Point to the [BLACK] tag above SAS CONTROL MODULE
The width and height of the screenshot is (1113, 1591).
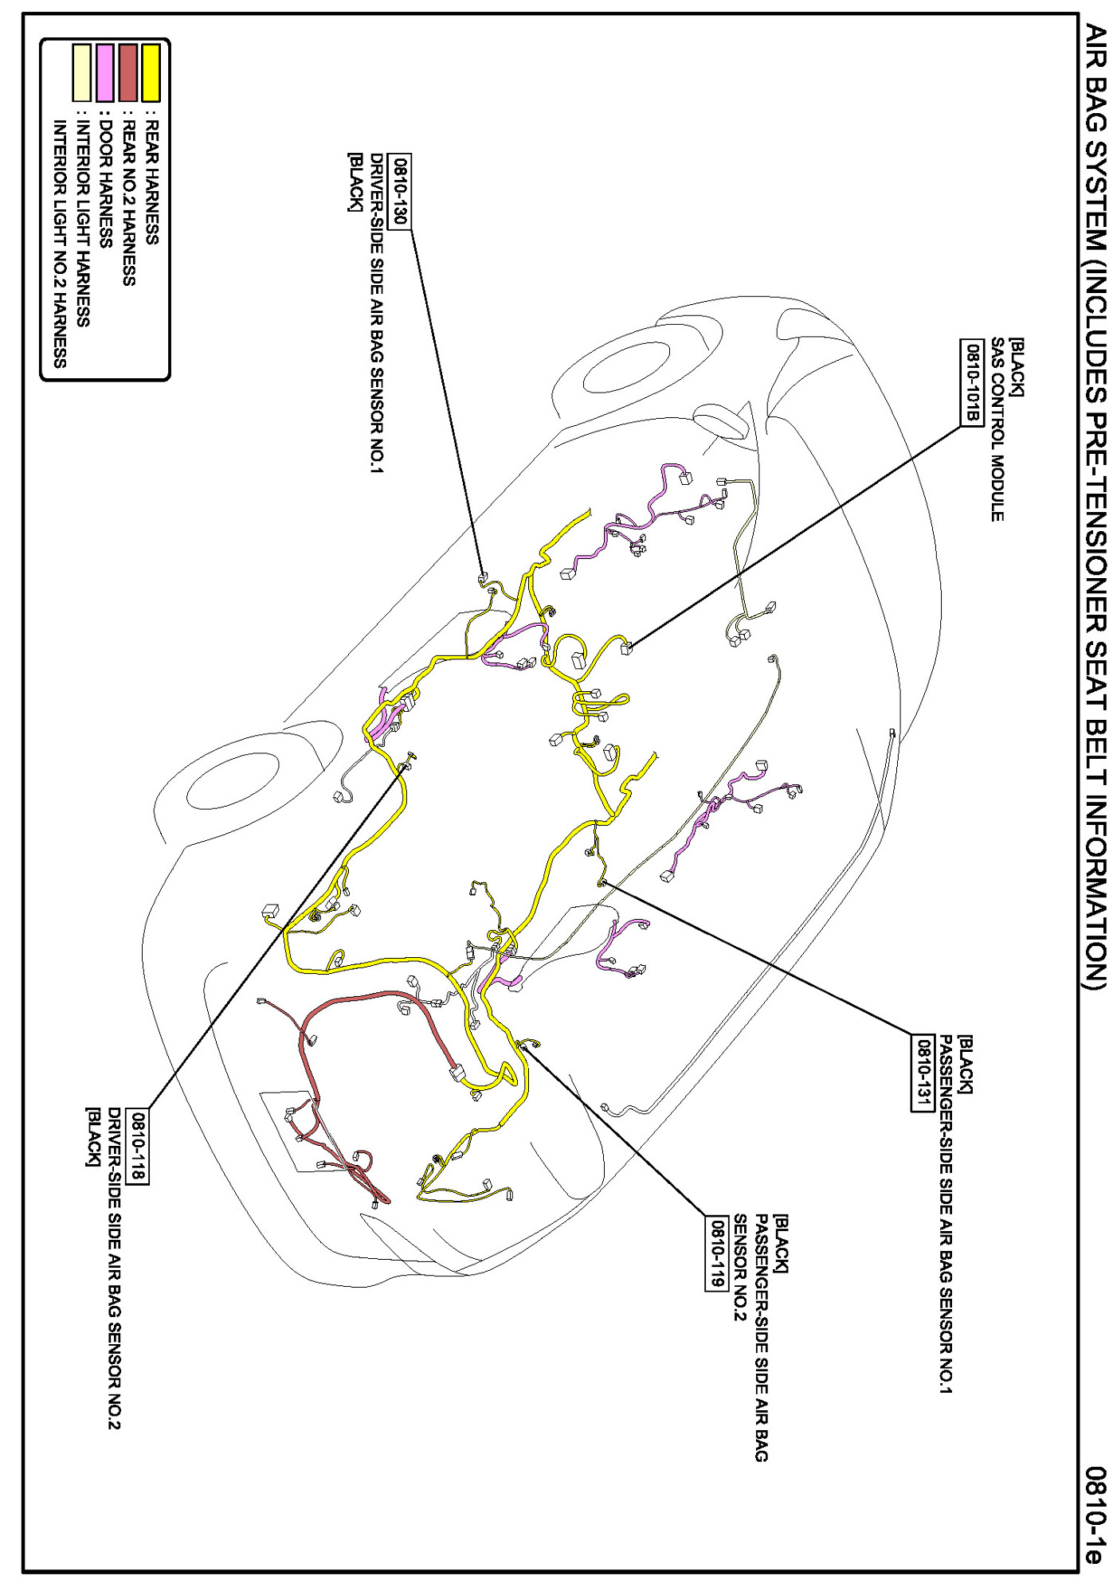tap(1017, 368)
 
